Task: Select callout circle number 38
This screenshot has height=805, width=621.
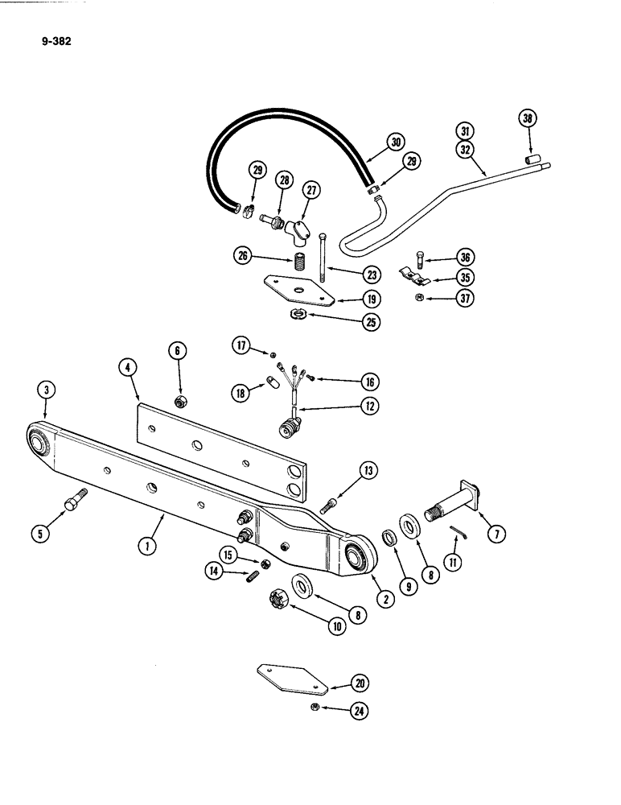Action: (x=528, y=120)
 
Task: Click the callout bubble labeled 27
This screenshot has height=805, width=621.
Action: (x=311, y=190)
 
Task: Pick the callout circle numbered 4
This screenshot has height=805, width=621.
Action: (x=127, y=368)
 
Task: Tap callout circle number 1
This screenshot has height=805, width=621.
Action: (x=146, y=546)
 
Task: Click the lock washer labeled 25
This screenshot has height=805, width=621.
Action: (x=296, y=314)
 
